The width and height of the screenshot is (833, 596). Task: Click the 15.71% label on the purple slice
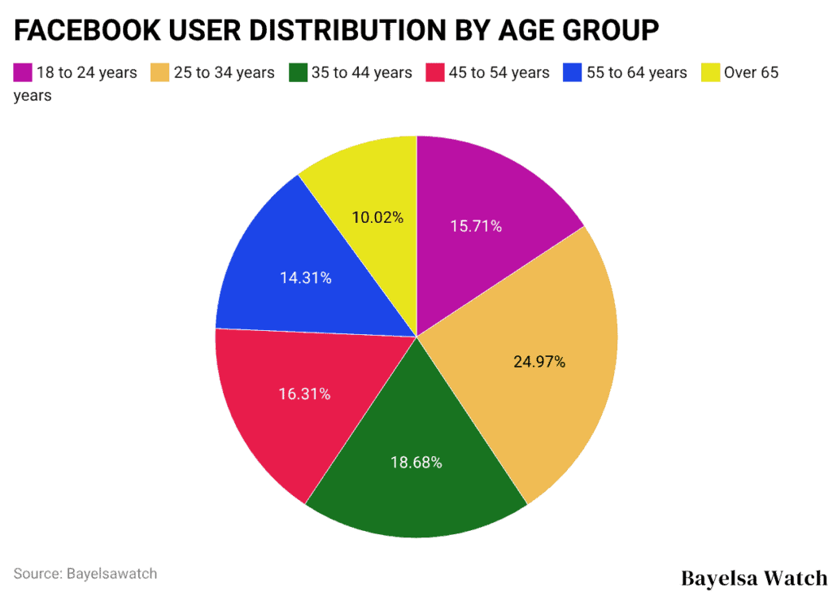[x=476, y=226]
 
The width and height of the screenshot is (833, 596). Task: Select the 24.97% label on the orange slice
[x=539, y=362]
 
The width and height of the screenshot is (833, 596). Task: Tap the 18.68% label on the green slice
[x=416, y=463]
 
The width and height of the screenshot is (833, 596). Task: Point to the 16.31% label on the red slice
[x=304, y=394]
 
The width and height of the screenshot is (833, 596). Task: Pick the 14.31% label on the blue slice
[x=305, y=278]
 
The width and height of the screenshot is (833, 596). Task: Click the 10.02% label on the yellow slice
[x=377, y=218]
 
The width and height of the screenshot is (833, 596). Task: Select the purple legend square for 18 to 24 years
[x=22, y=73]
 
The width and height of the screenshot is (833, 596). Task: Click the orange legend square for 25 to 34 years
[x=160, y=73]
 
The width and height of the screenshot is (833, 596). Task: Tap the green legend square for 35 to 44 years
[x=298, y=73]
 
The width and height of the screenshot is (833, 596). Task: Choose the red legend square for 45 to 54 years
[x=435, y=73]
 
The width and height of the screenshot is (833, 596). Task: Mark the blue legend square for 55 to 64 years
[x=573, y=73]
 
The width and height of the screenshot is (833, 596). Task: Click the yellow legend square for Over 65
[x=710, y=73]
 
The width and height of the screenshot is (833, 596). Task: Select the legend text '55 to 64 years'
[x=637, y=73]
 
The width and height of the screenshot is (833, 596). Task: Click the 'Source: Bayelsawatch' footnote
[x=85, y=573]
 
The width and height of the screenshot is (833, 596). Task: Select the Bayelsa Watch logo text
[x=753, y=579]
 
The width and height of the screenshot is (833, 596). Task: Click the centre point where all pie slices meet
[x=416, y=337]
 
